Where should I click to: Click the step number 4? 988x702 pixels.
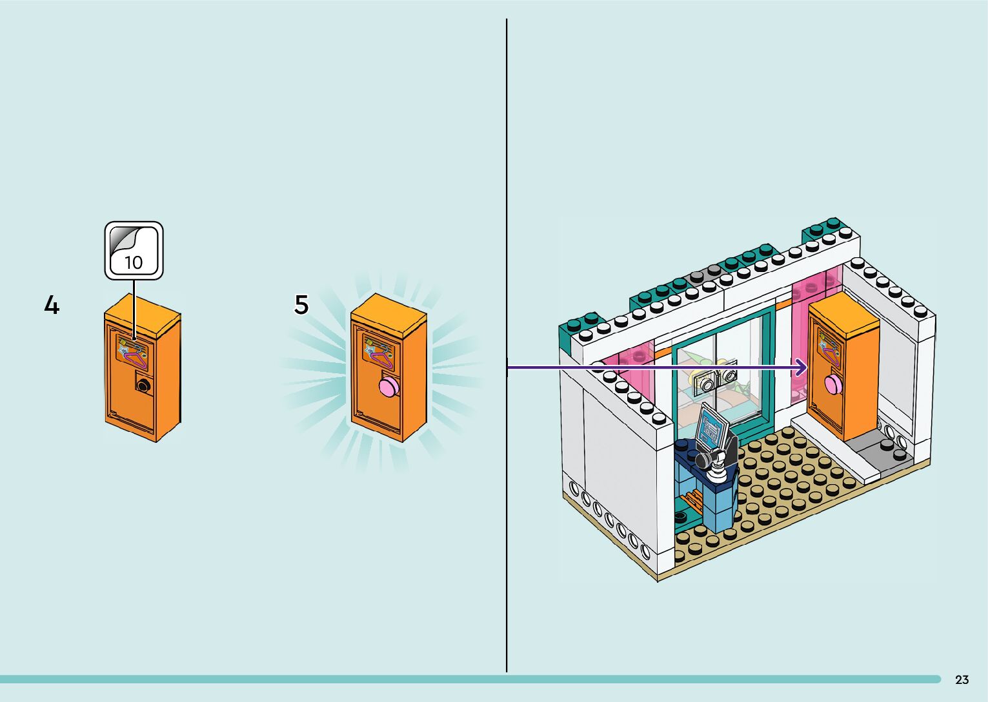(x=52, y=305)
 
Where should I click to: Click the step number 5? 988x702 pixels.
(x=301, y=304)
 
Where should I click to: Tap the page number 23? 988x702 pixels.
(x=962, y=679)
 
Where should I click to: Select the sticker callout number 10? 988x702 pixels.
(x=134, y=262)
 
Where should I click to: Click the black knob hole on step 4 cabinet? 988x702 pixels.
(x=143, y=385)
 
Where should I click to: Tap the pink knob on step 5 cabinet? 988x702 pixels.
(x=389, y=387)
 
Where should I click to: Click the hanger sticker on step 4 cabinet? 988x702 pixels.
(x=133, y=351)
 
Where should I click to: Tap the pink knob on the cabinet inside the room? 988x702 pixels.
(x=832, y=384)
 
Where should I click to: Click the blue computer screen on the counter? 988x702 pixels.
(x=712, y=427)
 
